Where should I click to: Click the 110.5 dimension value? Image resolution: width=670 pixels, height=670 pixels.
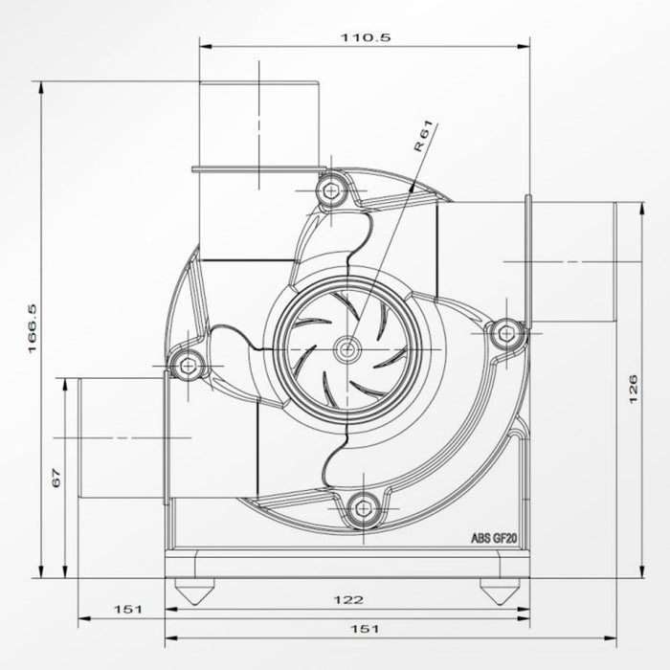pyautogui.click(x=366, y=37)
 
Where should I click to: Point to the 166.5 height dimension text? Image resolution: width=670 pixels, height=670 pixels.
pyautogui.click(x=33, y=330)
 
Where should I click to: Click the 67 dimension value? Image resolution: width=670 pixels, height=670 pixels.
pyautogui.click(x=56, y=478)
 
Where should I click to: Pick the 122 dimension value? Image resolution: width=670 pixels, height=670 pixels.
pyautogui.click(x=350, y=600)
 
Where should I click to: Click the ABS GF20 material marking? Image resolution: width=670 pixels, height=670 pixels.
pyautogui.click(x=495, y=539)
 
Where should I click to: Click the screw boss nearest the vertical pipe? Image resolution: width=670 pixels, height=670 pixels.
pyautogui.click(x=331, y=190)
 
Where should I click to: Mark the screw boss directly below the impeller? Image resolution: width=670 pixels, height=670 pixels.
pyautogui.click(x=362, y=507)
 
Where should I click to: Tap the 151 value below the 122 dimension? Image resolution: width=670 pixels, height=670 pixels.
pyautogui.click(x=366, y=629)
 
